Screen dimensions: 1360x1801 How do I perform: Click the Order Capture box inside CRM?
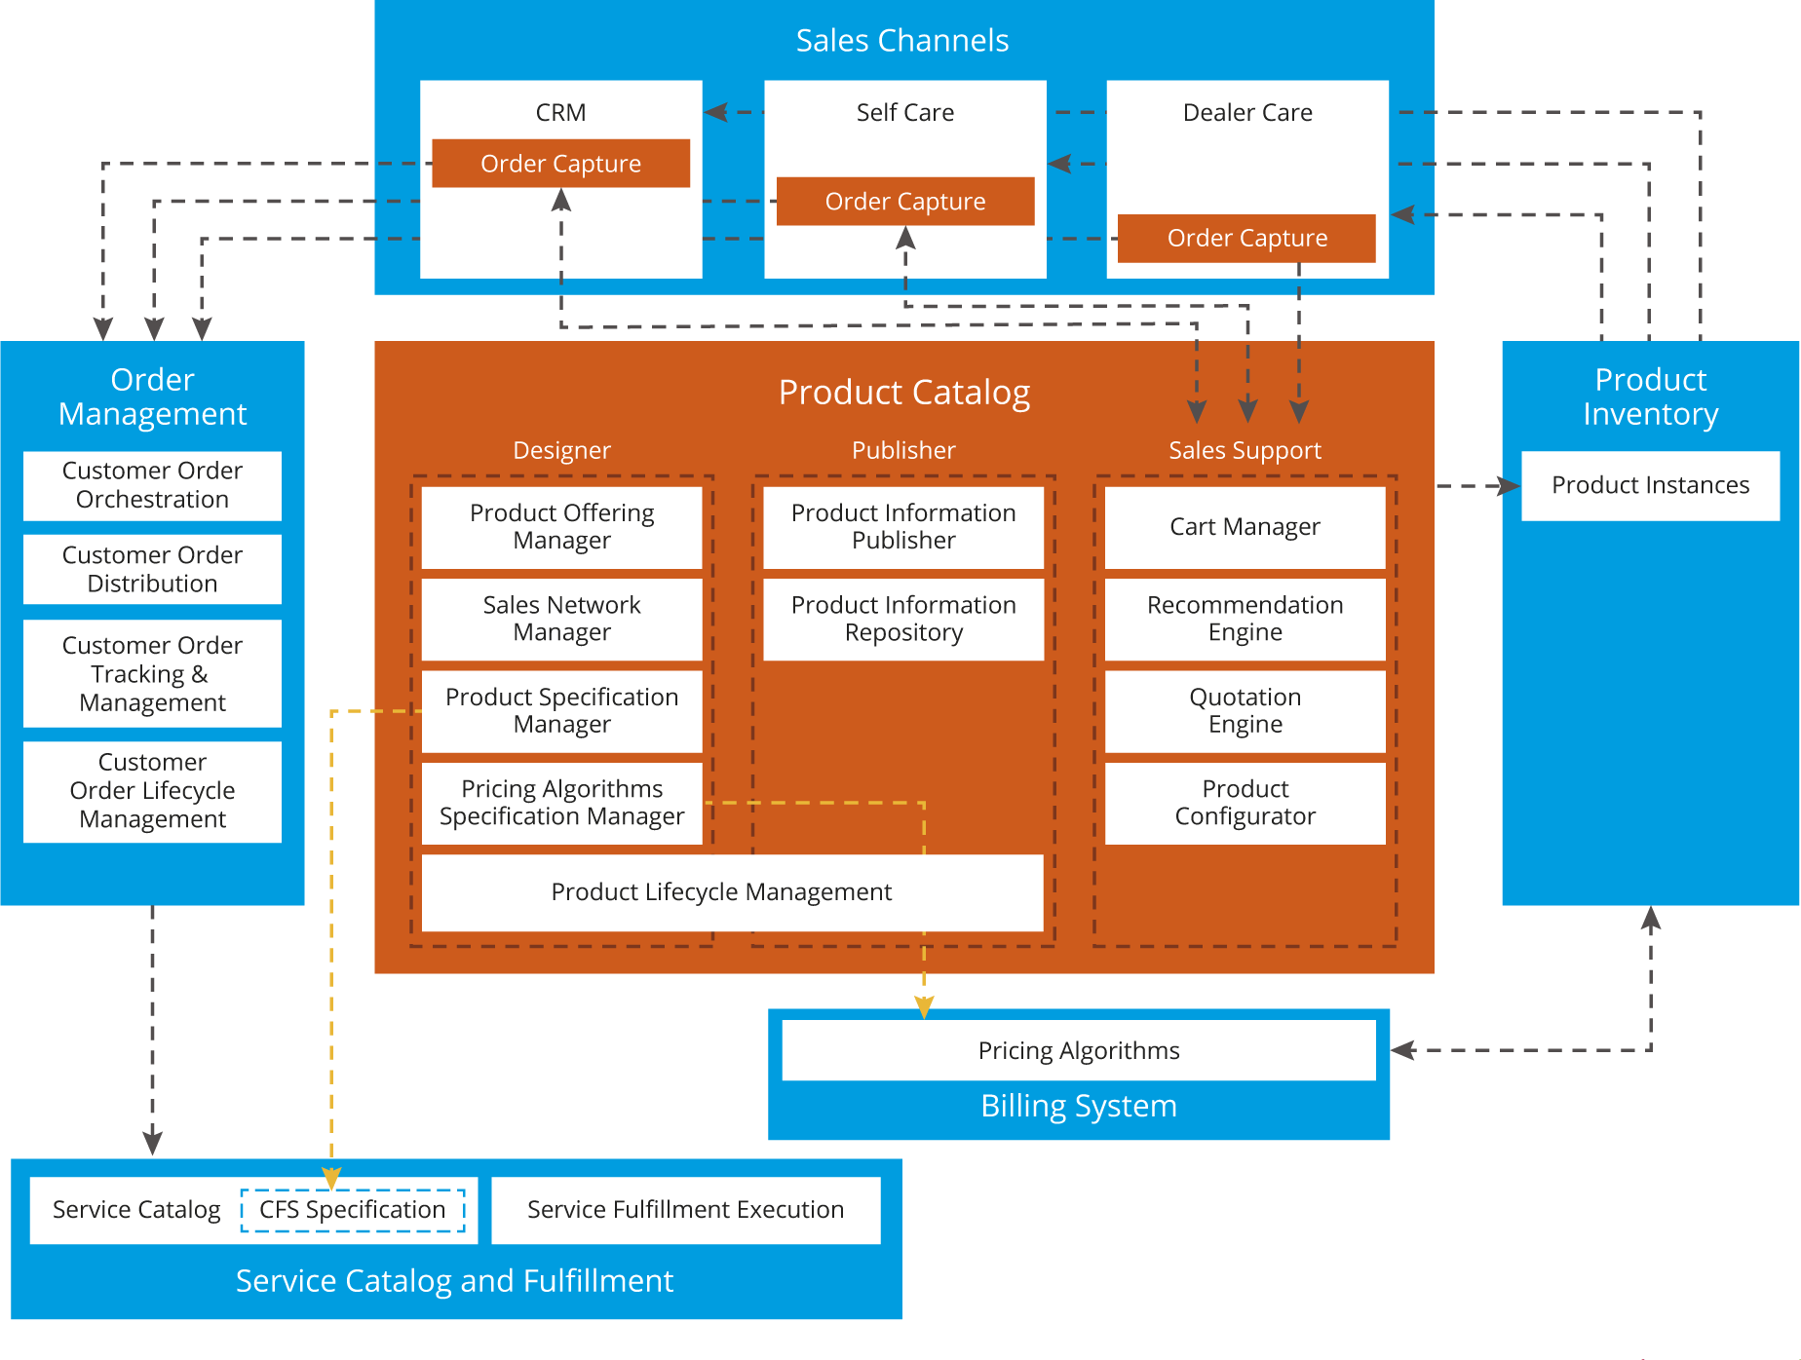pos(560,164)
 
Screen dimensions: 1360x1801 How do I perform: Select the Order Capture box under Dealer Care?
pos(1246,239)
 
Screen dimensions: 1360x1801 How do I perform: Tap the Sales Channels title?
pos(901,41)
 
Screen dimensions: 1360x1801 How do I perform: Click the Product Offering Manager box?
pos(561,527)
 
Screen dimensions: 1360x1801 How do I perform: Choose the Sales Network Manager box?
pos(561,620)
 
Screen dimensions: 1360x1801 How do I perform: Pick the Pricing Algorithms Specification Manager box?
pos(561,803)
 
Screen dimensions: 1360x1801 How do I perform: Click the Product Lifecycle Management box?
pos(721,892)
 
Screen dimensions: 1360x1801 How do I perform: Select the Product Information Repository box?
pos(903,620)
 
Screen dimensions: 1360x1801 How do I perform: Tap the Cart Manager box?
pos(1245,527)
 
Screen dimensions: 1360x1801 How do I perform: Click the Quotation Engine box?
pos(1245,711)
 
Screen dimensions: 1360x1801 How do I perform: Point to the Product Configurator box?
pos(1245,803)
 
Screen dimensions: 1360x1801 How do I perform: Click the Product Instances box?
pos(1650,485)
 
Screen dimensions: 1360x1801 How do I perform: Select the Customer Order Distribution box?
pos(152,570)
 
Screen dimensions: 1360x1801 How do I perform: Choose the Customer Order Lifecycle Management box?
pos(152,791)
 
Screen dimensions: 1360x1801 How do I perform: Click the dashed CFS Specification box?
pos(353,1210)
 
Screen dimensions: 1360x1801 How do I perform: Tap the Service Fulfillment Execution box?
pos(685,1210)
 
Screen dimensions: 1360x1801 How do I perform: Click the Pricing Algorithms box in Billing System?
pos(1078,1050)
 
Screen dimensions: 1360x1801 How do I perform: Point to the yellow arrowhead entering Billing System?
pos(924,1006)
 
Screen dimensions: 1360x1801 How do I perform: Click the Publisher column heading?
pos(903,450)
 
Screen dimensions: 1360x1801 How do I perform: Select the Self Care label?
pos(904,113)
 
